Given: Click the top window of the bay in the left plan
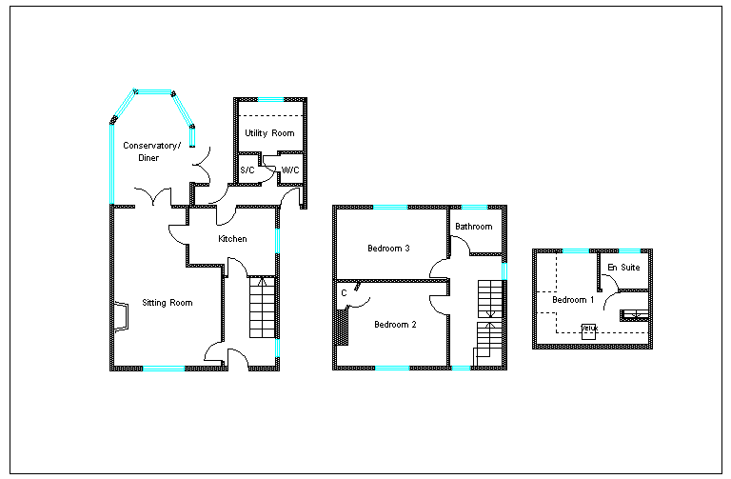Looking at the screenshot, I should pyautogui.click(x=154, y=91).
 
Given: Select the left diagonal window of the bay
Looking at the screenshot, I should pyautogui.click(x=126, y=103).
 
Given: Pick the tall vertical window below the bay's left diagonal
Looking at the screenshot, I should pyautogui.click(x=112, y=163).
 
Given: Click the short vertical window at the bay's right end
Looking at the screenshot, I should pyautogui.click(x=192, y=136).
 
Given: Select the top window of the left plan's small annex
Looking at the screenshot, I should pyautogui.click(x=270, y=99).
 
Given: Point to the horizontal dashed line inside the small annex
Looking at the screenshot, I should pyautogui.click(x=270, y=116).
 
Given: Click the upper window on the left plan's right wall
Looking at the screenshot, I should pyautogui.click(x=277, y=239).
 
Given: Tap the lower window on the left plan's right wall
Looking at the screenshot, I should pyautogui.click(x=277, y=348).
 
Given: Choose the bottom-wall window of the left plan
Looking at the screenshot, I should pyautogui.click(x=164, y=369).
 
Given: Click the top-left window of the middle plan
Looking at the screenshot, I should pyautogui.click(x=390, y=207).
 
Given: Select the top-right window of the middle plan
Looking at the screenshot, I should pyautogui.click(x=474, y=207).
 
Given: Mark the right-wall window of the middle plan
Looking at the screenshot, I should pyautogui.click(x=504, y=270).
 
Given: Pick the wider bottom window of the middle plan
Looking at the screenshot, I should pyautogui.click(x=392, y=368).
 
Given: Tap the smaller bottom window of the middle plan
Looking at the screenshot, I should pyautogui.click(x=461, y=368).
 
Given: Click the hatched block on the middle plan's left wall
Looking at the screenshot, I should pyautogui.click(x=341, y=326).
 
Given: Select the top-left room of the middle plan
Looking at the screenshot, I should pyautogui.click(x=390, y=244).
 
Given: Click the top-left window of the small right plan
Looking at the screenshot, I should pyautogui.click(x=575, y=250).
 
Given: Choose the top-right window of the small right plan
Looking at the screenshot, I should pyautogui.click(x=629, y=250).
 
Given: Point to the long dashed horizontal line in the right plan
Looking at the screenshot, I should pyautogui.click(x=602, y=331).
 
